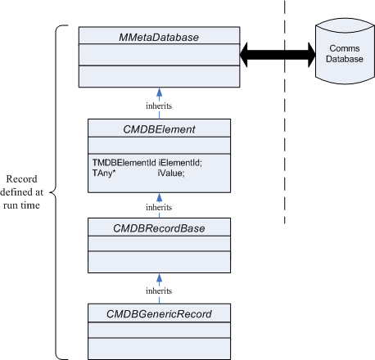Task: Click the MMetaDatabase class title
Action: [x=159, y=38]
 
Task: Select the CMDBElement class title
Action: [x=159, y=129]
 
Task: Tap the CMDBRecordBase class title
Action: [x=159, y=228]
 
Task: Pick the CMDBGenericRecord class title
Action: [x=159, y=314]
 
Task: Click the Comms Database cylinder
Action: [x=345, y=52]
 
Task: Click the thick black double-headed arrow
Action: [x=278, y=55]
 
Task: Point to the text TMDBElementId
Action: [x=124, y=163]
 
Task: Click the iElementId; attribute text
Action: [x=180, y=163]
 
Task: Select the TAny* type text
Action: [x=104, y=173]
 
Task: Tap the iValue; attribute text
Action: [x=171, y=173]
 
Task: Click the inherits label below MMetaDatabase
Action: [x=159, y=106]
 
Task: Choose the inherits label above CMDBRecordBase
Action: [x=159, y=207]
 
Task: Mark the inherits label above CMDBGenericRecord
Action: [x=159, y=290]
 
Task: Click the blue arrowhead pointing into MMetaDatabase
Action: [x=160, y=92]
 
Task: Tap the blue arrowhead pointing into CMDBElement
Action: [x=160, y=197]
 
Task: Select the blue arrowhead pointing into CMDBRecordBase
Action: [x=160, y=278]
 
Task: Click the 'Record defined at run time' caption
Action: [x=21, y=192]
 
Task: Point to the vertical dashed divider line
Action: [x=285, y=112]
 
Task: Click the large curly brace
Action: [x=56, y=192]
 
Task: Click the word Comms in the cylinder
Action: [x=345, y=48]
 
